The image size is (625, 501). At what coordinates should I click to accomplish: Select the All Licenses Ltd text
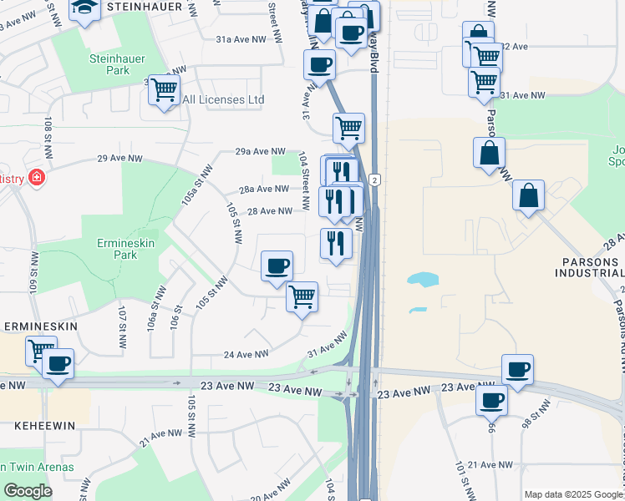tap(223, 100)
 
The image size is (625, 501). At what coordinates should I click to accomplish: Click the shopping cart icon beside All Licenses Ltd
tap(164, 89)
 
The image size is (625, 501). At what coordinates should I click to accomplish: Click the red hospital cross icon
tap(36, 178)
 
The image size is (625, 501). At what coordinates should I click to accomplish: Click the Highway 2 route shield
tap(376, 180)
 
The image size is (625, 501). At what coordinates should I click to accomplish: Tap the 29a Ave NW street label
tap(260, 151)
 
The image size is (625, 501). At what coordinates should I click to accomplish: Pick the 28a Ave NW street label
tap(263, 190)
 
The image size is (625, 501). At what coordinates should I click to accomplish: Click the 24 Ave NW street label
tap(246, 354)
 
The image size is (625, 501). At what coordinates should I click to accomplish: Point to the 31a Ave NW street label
tap(241, 39)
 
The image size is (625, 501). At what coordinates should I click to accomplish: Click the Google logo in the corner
tap(27, 491)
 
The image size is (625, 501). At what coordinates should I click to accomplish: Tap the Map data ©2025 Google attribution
tap(573, 494)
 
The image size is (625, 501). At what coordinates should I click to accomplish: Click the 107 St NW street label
tap(123, 321)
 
